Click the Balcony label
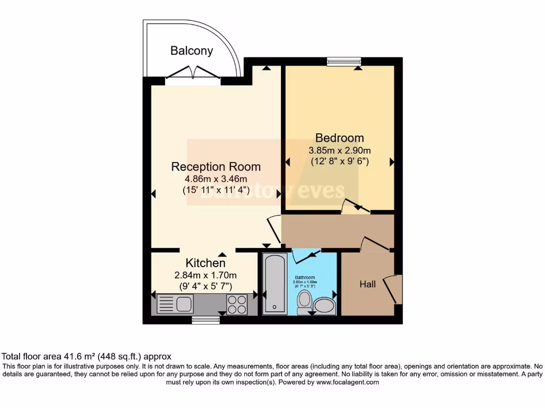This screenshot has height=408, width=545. click(192, 51)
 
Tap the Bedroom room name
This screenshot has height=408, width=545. click(340, 138)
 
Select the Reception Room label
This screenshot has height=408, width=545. click(216, 167)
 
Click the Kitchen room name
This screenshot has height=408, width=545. click(205, 263)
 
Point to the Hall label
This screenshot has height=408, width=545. click(367, 284)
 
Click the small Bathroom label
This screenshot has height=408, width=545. click(305, 277)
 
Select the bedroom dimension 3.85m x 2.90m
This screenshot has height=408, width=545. click(340, 150)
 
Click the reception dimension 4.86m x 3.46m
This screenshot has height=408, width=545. click(216, 179)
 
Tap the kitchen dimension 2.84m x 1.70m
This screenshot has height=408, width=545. click(205, 275)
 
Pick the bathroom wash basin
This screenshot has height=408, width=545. click(324, 306)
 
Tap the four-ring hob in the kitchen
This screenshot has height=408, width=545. click(237, 304)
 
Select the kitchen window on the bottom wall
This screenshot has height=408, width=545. click(205, 320)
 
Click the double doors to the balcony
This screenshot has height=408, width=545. click(192, 74)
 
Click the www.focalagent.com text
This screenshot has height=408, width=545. click(347, 382)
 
